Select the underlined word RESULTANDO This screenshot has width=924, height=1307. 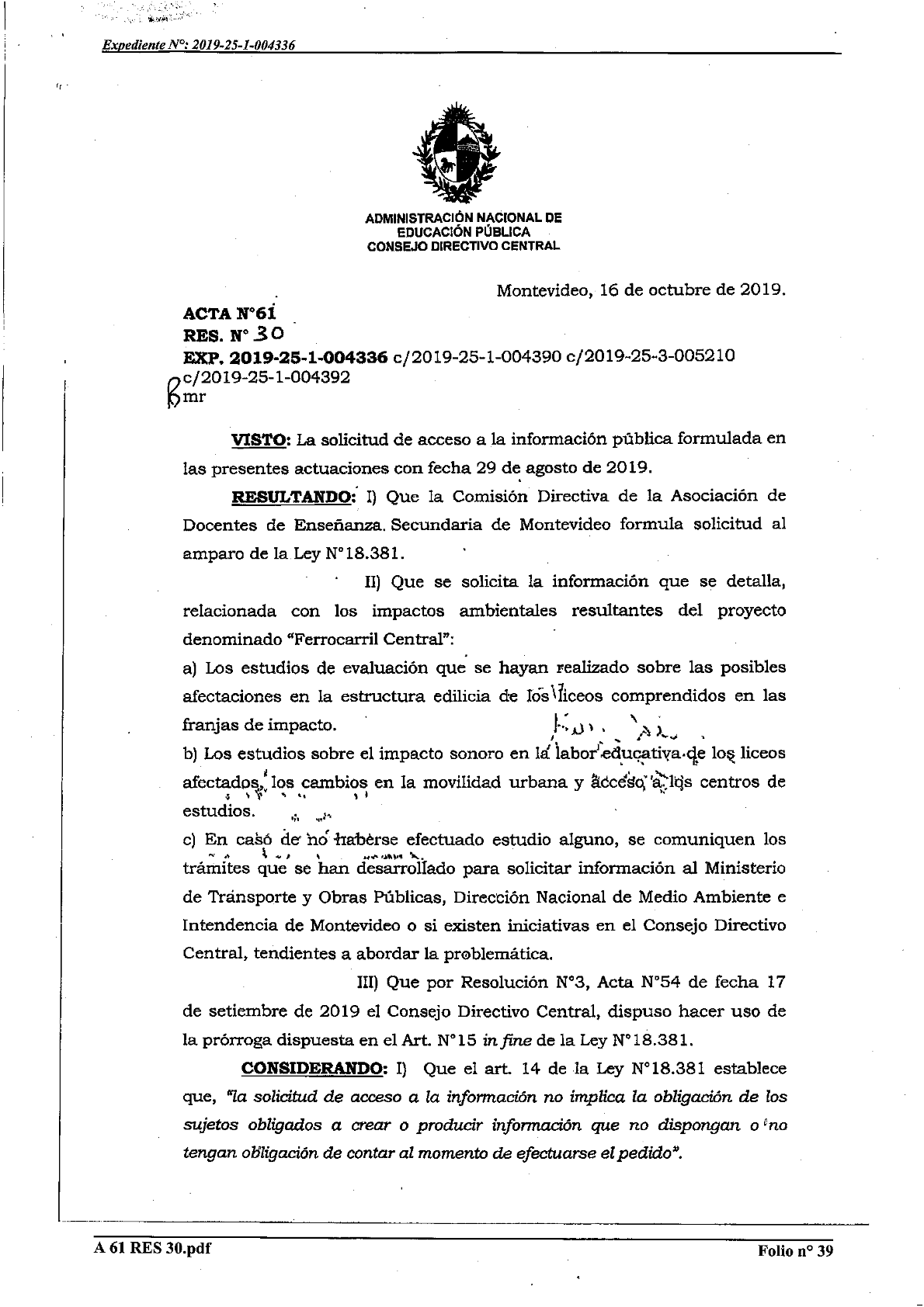[288, 496]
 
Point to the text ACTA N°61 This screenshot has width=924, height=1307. [229, 314]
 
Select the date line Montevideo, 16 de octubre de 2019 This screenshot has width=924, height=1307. [641, 291]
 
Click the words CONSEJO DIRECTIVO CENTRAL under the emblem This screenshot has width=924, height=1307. [463, 246]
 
